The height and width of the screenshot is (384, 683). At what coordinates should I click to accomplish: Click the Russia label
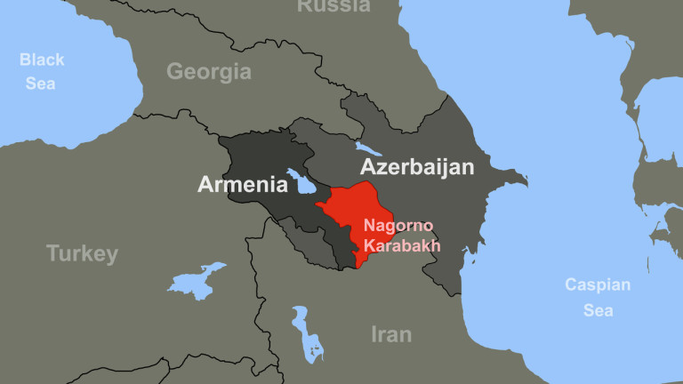click(x=333, y=5)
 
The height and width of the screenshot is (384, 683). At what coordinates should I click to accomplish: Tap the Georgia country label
click(x=209, y=72)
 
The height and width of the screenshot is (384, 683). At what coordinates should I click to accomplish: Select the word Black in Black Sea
click(x=42, y=60)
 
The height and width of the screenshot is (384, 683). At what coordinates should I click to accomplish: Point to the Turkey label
click(x=82, y=254)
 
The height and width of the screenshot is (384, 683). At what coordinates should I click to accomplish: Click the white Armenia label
click(x=243, y=185)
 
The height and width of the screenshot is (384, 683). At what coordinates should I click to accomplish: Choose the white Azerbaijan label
click(x=416, y=167)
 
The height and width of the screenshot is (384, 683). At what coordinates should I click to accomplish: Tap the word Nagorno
click(x=398, y=227)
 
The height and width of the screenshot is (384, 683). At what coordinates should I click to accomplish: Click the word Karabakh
click(x=402, y=245)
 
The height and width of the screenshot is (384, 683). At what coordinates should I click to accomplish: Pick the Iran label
click(x=391, y=334)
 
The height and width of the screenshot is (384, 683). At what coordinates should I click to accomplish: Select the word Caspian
click(x=598, y=285)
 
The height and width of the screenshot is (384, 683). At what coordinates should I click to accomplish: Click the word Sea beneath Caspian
click(x=598, y=310)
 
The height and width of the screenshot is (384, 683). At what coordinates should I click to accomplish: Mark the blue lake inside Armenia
click(x=303, y=182)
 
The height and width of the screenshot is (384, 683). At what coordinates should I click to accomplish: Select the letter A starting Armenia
click(x=205, y=185)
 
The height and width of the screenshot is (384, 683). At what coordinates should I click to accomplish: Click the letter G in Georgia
click(x=175, y=72)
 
